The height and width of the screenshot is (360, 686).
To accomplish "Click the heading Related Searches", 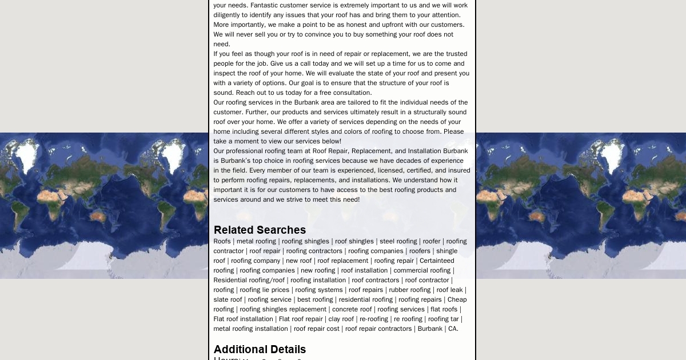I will (260, 230).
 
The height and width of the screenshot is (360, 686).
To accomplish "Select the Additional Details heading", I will (260, 349).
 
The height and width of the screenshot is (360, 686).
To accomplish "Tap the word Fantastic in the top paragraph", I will (265, 5).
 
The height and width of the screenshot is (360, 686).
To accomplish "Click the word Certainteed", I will (437, 261).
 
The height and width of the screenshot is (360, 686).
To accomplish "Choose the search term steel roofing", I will (398, 241).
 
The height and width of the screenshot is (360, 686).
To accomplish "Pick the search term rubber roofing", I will (410, 290).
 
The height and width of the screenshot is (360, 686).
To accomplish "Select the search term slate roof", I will (228, 299).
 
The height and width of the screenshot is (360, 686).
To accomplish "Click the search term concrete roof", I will (352, 309).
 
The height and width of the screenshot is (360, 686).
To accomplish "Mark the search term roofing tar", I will (443, 319).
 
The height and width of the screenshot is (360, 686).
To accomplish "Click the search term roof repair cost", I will (317, 329).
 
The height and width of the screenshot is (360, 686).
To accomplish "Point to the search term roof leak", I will (449, 290).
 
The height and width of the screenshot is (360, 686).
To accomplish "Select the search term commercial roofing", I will (422, 270).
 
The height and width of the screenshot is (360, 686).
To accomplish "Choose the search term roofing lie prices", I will (264, 290).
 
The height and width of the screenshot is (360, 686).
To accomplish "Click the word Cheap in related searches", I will (457, 299).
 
